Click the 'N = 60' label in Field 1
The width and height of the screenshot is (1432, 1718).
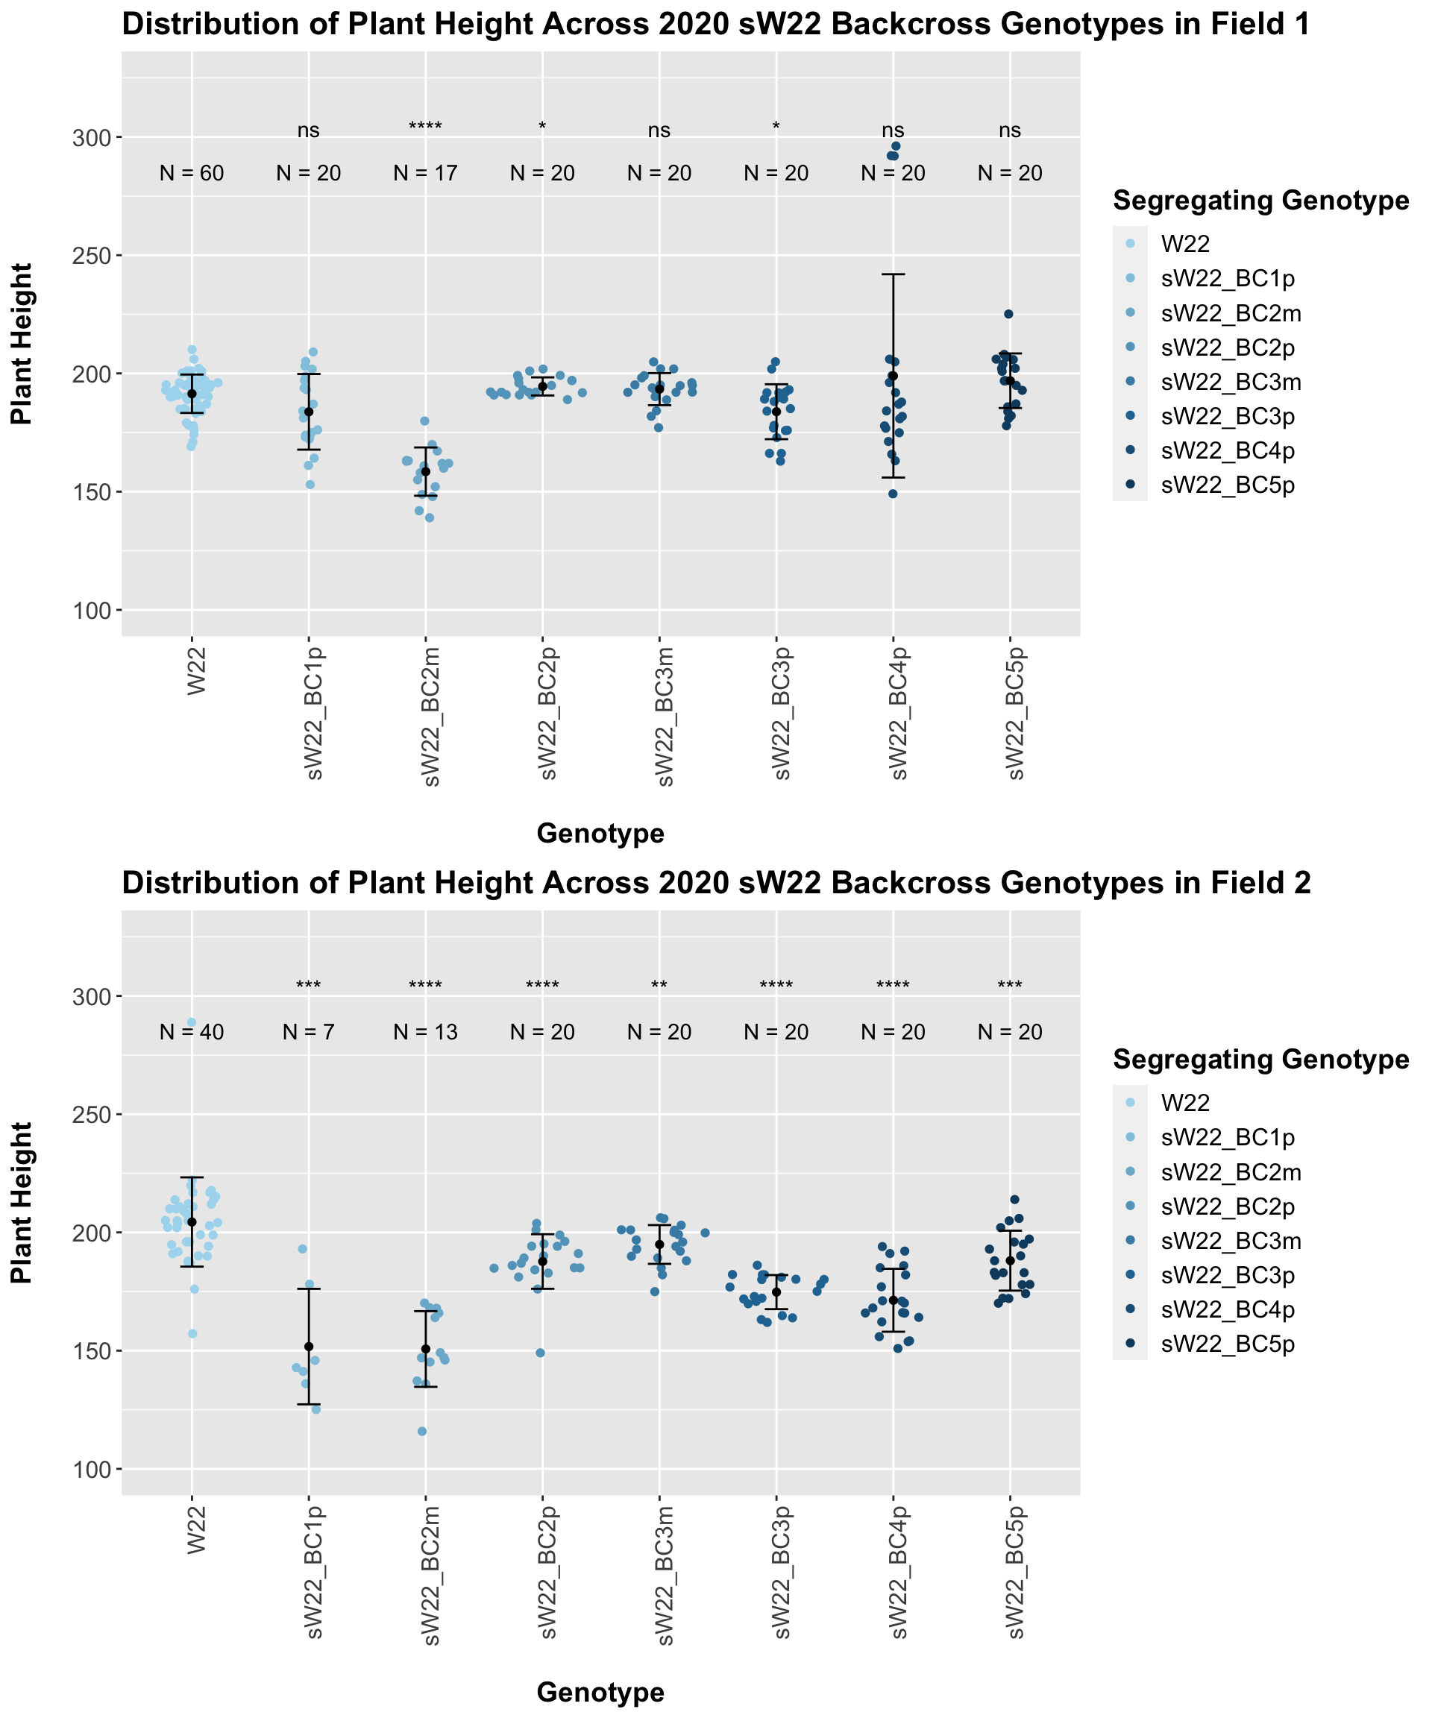(x=192, y=174)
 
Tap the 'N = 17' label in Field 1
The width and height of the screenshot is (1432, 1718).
(x=426, y=174)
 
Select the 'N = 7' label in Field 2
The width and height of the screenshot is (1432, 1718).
(x=309, y=1033)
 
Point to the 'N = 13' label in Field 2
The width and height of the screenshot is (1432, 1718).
(x=426, y=1033)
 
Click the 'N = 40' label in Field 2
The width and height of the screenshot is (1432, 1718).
(x=192, y=1033)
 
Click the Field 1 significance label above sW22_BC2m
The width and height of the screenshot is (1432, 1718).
(x=426, y=127)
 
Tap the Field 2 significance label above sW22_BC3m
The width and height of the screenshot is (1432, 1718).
(x=659, y=986)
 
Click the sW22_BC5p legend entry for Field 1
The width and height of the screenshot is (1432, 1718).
(x=1228, y=485)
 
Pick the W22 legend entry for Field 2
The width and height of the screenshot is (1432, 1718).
(x=1185, y=1102)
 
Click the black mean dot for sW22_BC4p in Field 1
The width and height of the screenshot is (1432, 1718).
(x=894, y=377)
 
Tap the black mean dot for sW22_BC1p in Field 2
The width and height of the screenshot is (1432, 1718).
(x=309, y=1347)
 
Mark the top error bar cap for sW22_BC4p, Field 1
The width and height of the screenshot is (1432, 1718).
(x=894, y=274)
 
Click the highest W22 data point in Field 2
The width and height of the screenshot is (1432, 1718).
(x=192, y=1022)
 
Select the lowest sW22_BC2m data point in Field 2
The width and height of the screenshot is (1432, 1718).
(x=422, y=1432)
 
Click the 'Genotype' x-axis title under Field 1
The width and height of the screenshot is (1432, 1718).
(x=600, y=834)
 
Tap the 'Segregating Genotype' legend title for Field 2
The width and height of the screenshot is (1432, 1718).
(x=1261, y=1060)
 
